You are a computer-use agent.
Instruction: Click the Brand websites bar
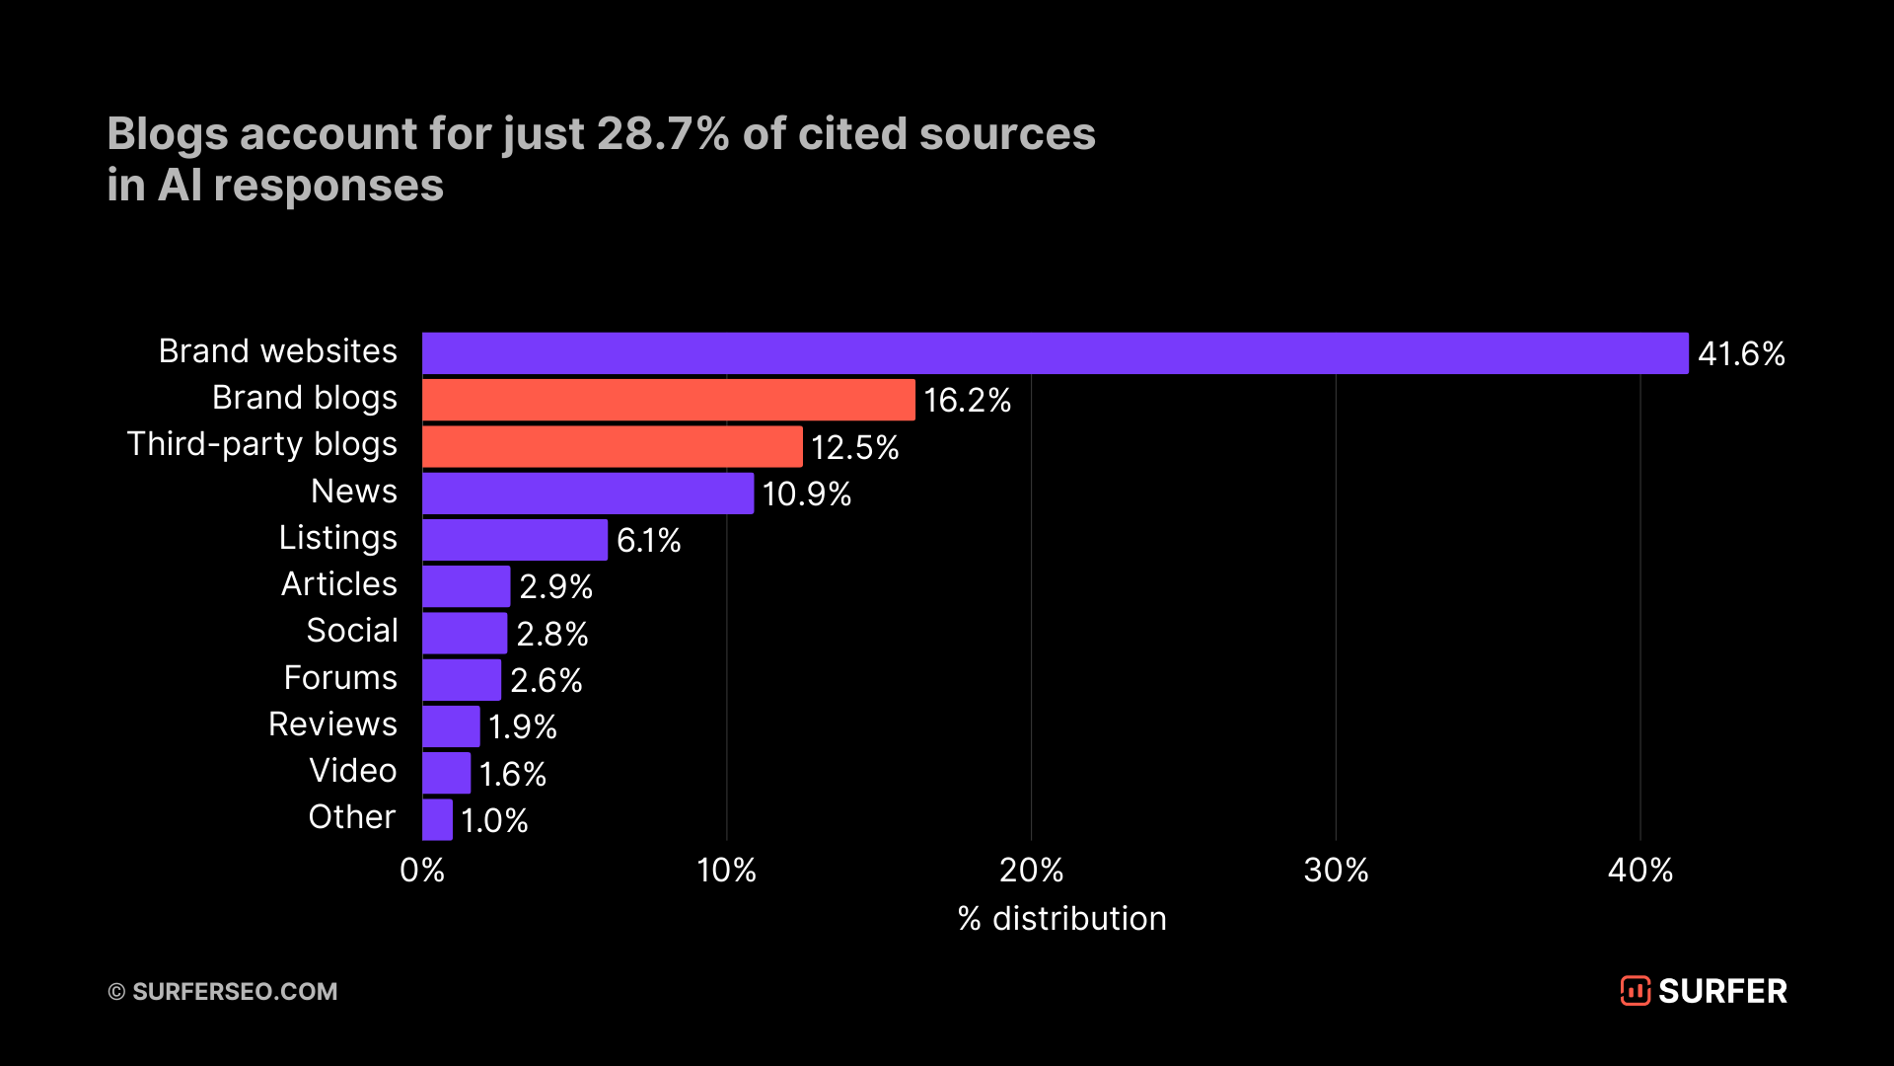coord(1055,353)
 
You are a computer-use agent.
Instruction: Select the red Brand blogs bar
coord(668,400)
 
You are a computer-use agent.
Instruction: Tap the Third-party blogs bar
coord(612,446)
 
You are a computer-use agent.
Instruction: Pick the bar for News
coord(587,494)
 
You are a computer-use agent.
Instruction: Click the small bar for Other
coord(437,819)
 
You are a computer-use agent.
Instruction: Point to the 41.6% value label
coord(1741,353)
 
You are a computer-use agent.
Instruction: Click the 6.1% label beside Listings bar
coord(648,540)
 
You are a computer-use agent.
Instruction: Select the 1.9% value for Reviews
coord(522,726)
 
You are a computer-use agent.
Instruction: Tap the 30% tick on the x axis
coord(1336,870)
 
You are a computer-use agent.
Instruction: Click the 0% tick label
coord(422,870)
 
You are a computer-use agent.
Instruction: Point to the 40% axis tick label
coord(1639,870)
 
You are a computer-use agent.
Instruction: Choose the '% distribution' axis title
coord(1061,918)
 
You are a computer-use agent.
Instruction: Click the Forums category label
coord(340,677)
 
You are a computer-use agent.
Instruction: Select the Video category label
coord(352,770)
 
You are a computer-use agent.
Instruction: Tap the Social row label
coord(352,630)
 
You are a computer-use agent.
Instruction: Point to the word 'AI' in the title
coord(180,185)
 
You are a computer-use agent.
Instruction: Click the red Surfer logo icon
coord(1635,990)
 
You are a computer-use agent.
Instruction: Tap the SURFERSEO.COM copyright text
coord(234,991)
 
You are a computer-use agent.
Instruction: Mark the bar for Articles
coord(466,586)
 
